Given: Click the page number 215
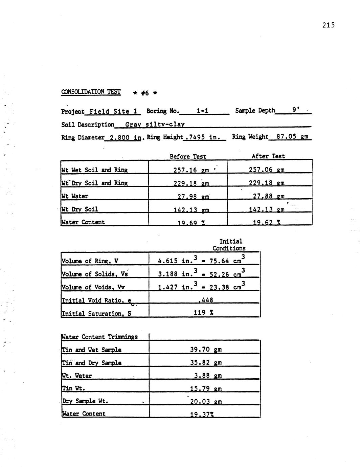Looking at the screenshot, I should [328, 25].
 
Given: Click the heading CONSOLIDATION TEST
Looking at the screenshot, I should [91, 92].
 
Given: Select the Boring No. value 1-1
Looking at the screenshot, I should [202, 111].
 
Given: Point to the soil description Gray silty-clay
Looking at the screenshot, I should [155, 124].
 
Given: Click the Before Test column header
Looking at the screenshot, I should [188, 156].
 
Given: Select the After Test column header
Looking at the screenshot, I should [268, 156].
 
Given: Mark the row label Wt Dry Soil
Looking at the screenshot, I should [80, 209].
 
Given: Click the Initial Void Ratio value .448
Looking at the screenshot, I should [205, 300].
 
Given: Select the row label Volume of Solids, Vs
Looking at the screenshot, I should [94, 274].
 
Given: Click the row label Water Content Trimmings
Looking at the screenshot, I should [99, 337].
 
